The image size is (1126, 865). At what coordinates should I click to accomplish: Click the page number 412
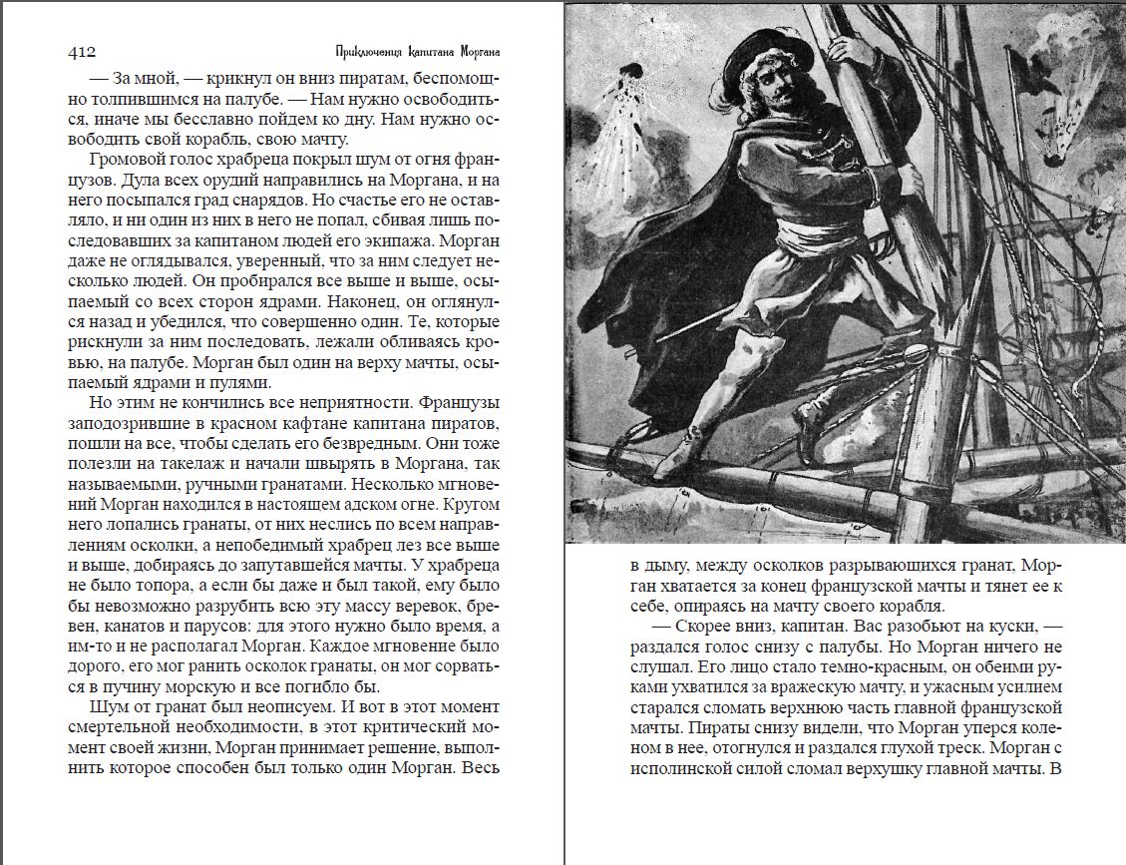point(81,51)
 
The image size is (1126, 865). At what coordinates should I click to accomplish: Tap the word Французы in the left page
point(463,405)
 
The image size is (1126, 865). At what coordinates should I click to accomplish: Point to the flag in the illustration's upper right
point(1026,70)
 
